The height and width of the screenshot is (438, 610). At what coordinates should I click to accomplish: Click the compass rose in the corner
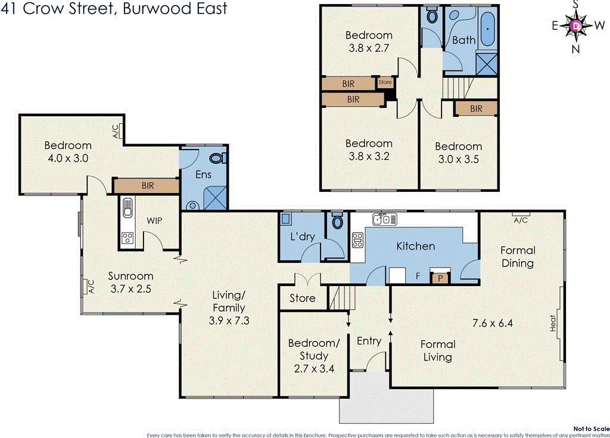pyautogui.click(x=575, y=26)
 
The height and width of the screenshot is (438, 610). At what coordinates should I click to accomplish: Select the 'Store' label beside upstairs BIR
pyautogui.click(x=385, y=82)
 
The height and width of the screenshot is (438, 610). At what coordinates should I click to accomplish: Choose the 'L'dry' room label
pyautogui.click(x=302, y=237)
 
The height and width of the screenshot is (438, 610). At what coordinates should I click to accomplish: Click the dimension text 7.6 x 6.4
pyautogui.click(x=493, y=324)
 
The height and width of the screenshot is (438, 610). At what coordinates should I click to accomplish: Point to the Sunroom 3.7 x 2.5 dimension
pyautogui.click(x=130, y=288)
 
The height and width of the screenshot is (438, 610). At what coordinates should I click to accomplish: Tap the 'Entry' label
pyautogui.click(x=369, y=341)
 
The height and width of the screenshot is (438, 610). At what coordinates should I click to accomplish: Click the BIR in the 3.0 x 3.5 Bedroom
pyautogui.click(x=475, y=108)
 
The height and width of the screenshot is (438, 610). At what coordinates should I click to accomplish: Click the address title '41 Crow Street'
pyautogui.click(x=113, y=10)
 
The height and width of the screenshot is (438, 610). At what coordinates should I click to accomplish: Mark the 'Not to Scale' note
pyautogui.click(x=590, y=428)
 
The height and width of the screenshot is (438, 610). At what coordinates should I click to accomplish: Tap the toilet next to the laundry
pyautogui.click(x=337, y=222)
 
